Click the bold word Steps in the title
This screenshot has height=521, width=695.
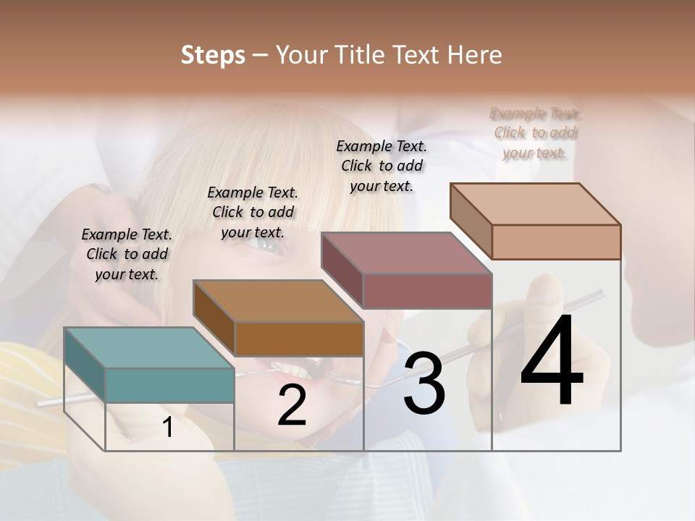[213, 55]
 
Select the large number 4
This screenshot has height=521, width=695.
[552, 362]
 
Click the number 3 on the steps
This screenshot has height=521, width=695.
[424, 384]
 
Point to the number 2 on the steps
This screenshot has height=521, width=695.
[292, 406]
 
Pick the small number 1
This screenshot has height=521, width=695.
[168, 428]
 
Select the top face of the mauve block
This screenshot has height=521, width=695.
[406, 253]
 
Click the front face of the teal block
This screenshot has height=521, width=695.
[170, 385]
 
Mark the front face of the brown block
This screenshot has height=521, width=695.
[299, 339]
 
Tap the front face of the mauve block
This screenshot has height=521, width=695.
[427, 291]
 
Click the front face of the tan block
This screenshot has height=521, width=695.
[556, 242]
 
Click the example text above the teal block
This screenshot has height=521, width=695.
[127, 254]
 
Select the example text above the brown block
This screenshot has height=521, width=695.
[253, 212]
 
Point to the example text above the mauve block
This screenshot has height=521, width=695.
[382, 166]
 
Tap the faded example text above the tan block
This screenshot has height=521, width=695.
[536, 133]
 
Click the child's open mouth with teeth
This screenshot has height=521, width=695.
[293, 369]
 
